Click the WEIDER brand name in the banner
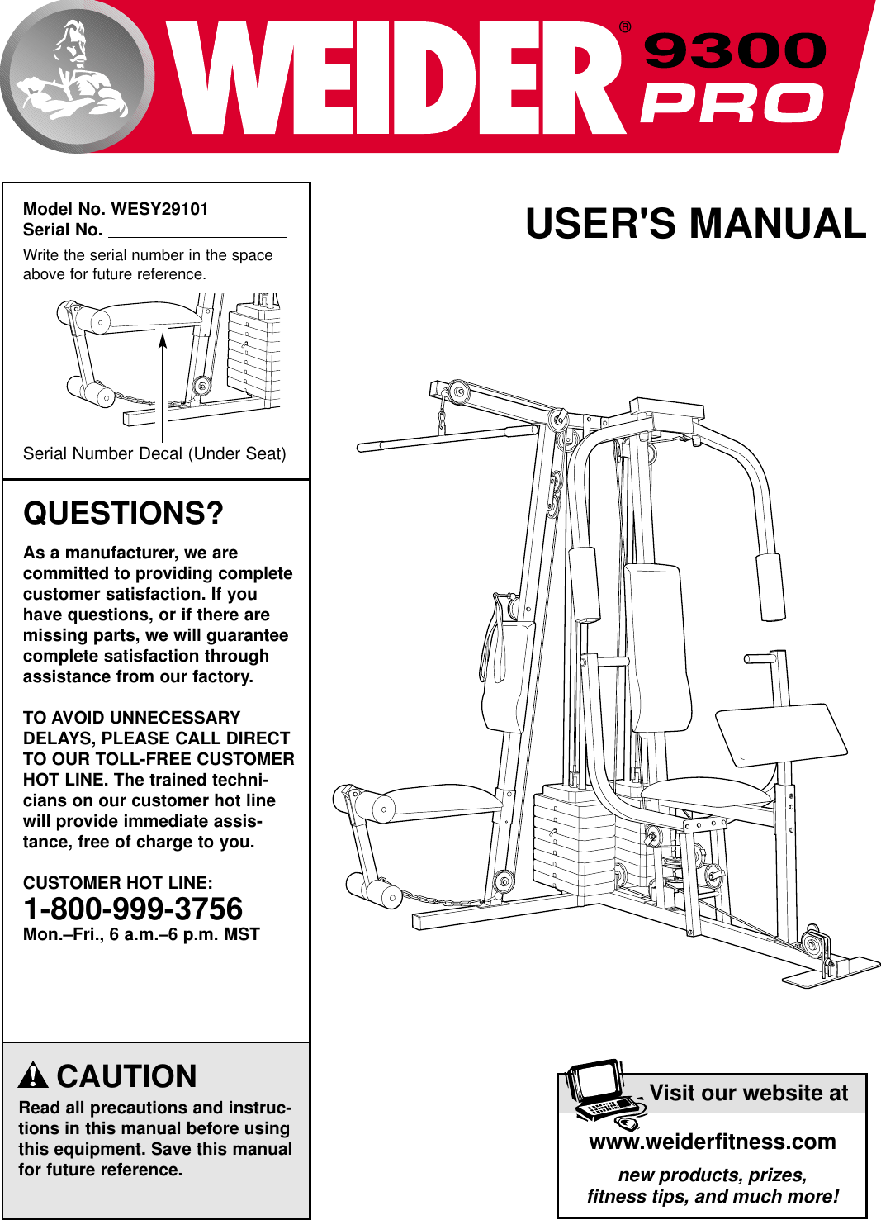[x=396, y=78]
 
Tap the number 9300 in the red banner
[x=734, y=51]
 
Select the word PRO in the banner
[x=732, y=104]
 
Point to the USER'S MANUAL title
[x=695, y=224]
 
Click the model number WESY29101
[x=159, y=209]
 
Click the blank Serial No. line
[x=197, y=230]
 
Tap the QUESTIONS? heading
[x=123, y=513]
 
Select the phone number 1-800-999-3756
[x=133, y=909]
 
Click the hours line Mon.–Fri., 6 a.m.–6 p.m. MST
[x=141, y=934]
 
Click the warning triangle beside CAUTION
[x=33, y=1075]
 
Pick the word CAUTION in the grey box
[x=126, y=1076]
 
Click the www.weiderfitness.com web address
[x=712, y=1142]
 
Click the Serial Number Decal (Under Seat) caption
[x=154, y=453]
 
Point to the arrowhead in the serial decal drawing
[x=163, y=340]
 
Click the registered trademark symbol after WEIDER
[x=625, y=27]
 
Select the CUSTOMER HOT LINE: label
[x=117, y=882]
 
